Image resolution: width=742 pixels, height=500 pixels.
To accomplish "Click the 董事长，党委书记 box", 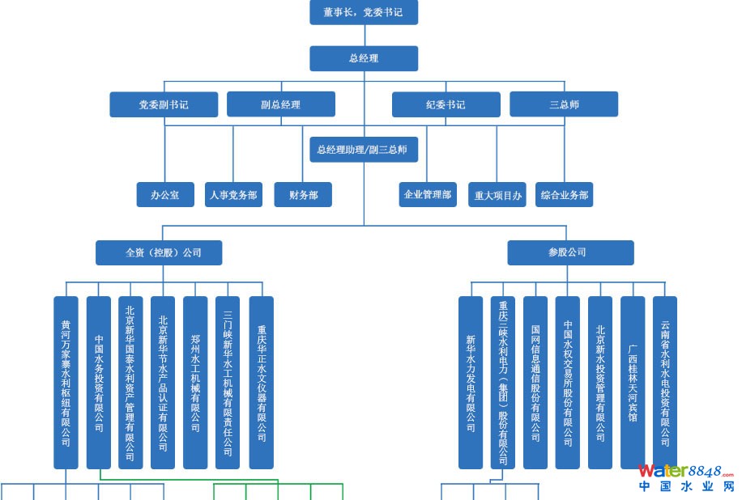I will tap(364, 12).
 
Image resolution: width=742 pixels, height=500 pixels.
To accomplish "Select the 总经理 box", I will tap(364, 58).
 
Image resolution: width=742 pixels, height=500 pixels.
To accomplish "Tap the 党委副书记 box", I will tap(164, 104).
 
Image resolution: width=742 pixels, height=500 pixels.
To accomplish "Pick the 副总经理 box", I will tap(280, 104).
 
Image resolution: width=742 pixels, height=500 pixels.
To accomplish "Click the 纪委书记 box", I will tap(446, 104).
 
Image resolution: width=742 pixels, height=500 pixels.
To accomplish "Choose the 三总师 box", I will tap(563, 104).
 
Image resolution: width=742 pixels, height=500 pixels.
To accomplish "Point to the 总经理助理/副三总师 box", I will tap(364, 150).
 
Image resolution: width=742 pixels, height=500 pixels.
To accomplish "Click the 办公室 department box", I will tap(165, 195).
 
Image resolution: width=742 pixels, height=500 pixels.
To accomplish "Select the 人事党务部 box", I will tap(233, 195).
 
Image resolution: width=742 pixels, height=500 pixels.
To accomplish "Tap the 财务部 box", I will tap(302, 195).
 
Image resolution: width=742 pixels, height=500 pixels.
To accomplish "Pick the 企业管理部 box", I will tap(428, 195).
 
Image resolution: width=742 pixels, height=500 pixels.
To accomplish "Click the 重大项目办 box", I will tap(497, 195).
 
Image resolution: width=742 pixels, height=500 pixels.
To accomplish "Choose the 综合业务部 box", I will tap(564, 195).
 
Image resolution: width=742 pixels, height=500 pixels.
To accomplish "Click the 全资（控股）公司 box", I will tap(159, 252).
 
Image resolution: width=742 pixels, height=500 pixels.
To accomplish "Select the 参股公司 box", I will tap(570, 252).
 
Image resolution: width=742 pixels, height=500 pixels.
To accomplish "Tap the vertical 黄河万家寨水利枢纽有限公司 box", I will tap(66, 383).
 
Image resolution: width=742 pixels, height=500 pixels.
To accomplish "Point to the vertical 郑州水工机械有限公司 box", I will tap(195, 383).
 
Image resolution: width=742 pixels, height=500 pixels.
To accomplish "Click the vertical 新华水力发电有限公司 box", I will tap(471, 383).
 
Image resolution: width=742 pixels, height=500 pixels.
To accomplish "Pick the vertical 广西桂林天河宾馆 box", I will tap(633, 383).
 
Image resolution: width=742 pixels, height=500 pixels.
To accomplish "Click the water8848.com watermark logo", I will tap(686, 477).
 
